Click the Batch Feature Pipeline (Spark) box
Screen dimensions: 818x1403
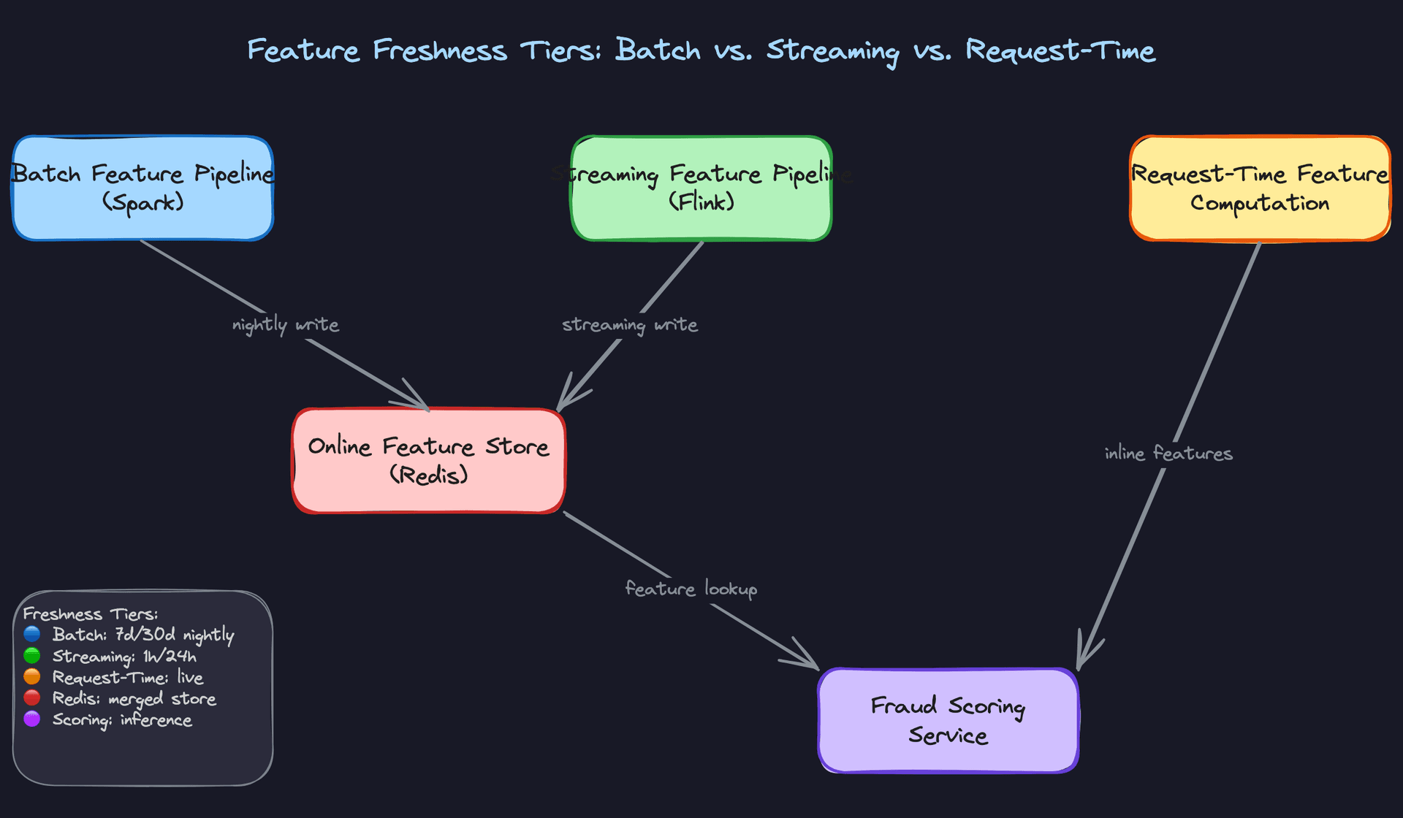click(142, 188)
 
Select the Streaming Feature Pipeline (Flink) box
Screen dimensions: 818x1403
click(701, 188)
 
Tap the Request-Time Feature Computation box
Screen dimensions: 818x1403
click(1260, 188)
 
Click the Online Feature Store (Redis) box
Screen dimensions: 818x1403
click(428, 461)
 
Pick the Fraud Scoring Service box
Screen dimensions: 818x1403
click(948, 720)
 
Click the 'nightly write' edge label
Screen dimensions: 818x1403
click(285, 324)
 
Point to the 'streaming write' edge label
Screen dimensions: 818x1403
click(629, 324)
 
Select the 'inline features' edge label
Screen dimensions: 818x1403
click(1168, 454)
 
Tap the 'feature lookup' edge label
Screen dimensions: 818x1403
click(691, 589)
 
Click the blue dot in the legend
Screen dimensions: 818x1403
click(32, 634)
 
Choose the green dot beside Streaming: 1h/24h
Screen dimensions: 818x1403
click(32, 656)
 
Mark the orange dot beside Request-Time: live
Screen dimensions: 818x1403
click(32, 677)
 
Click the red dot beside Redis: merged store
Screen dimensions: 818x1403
click(32, 698)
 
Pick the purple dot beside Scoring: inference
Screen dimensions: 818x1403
click(32, 719)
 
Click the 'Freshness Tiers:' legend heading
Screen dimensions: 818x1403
click(90, 613)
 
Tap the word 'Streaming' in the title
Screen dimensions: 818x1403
click(832, 51)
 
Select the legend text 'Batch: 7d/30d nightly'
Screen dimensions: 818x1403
click(143, 635)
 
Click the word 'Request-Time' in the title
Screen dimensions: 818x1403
click(1060, 51)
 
